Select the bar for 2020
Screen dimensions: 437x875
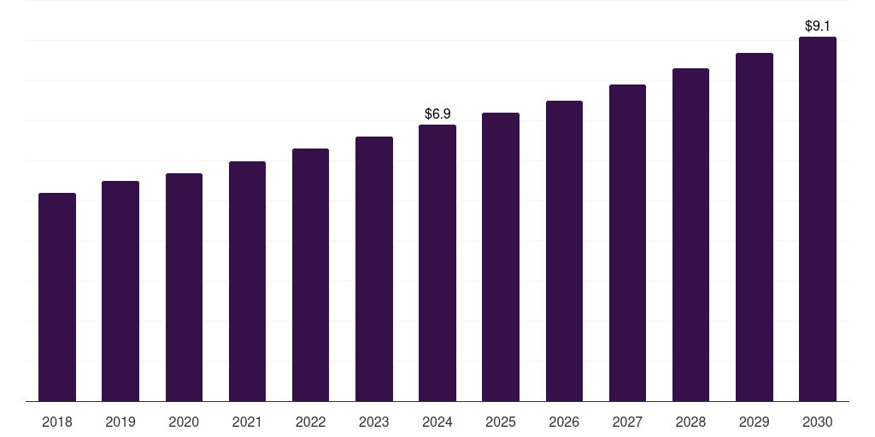(184, 287)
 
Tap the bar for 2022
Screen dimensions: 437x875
(310, 275)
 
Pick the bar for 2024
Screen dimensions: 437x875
(437, 263)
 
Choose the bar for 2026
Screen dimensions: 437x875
(564, 251)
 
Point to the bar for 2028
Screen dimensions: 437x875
(690, 235)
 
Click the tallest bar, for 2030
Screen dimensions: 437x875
(818, 218)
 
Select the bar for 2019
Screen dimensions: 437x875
(120, 291)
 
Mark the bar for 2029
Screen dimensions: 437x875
(755, 227)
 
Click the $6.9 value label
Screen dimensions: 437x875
(437, 114)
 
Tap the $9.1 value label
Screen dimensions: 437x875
(818, 26)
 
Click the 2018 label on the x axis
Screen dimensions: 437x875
(57, 422)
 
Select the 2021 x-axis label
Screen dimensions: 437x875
(247, 422)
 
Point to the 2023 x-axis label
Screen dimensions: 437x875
(374, 422)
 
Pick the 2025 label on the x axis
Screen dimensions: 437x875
(501, 422)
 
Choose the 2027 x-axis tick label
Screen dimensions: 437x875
(627, 422)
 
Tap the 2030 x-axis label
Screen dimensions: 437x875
(818, 422)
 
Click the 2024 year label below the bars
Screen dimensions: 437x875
(437, 422)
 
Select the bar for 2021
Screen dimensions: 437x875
(247, 281)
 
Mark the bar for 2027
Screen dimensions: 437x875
(627, 242)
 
